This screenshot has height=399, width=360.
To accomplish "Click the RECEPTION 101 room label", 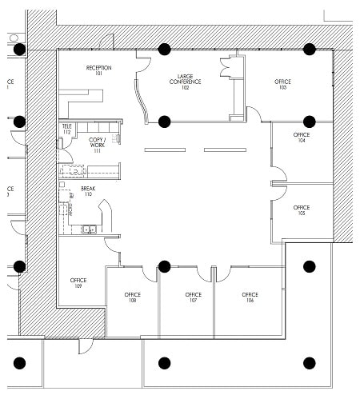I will click(98, 71).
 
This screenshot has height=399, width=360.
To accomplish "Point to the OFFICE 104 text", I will click(301, 138).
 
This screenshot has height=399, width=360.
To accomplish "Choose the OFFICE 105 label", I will click(301, 210).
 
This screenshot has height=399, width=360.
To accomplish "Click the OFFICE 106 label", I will click(250, 297).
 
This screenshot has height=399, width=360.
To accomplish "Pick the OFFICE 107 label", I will click(193, 297).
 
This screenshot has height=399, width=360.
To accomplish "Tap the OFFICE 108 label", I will click(132, 297).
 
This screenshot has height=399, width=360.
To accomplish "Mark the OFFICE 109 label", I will click(78, 283).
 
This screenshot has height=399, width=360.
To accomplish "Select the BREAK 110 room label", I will click(87, 191).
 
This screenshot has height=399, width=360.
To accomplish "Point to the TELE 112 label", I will click(66, 130).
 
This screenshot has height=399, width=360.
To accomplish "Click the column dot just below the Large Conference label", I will click(164, 122).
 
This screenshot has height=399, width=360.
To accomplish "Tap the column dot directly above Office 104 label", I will click(309, 122).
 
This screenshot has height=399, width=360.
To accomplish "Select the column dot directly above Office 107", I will click(164, 265).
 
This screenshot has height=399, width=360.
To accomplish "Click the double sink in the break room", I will click(90, 230).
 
